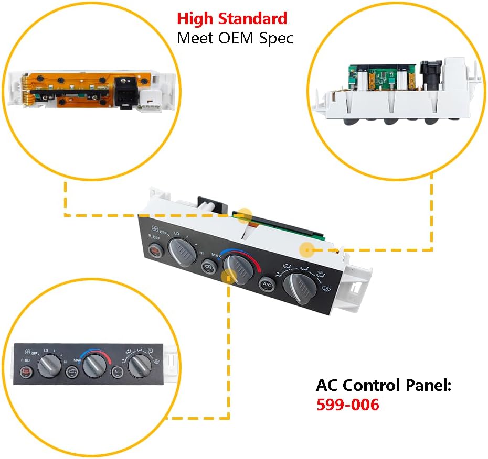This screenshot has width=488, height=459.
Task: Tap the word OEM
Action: [x=238, y=38]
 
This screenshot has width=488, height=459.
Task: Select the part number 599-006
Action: [x=347, y=405]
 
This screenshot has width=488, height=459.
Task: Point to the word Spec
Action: [x=276, y=38]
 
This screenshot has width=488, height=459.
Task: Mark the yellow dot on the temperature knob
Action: [x=227, y=277]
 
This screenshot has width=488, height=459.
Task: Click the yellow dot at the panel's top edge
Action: [x=245, y=214]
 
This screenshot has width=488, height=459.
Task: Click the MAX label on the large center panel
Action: [x=216, y=255]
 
